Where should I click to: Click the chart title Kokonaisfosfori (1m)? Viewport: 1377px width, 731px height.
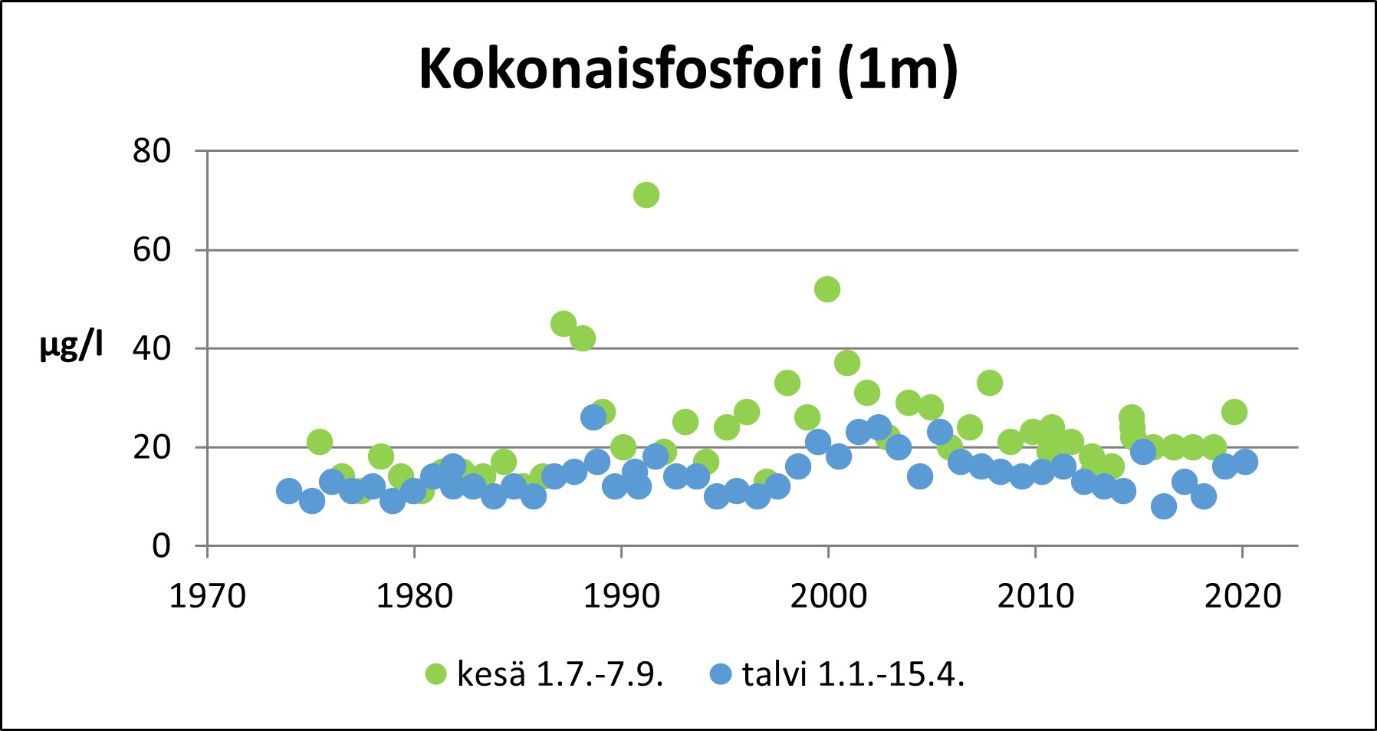coord(688,69)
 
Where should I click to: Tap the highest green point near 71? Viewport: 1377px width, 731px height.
coord(646,195)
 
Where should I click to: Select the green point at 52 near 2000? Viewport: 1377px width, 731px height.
coord(827,289)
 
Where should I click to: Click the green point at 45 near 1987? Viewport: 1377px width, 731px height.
coord(564,324)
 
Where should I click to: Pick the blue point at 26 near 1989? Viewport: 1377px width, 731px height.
coord(593,417)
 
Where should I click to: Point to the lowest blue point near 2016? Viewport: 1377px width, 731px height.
coord(1164,506)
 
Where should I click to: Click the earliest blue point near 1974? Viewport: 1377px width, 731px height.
coord(289,491)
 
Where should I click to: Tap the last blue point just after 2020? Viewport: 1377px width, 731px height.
coord(1245,462)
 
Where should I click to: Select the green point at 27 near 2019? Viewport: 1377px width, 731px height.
coord(1234,412)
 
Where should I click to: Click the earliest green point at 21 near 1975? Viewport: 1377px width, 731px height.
coord(320,442)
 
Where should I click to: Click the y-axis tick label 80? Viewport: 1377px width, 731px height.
coord(152,151)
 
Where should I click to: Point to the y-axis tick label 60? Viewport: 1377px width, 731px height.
coord(152,250)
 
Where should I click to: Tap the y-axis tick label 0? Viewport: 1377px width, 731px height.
coord(161,545)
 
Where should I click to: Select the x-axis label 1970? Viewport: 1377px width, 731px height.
coord(207,596)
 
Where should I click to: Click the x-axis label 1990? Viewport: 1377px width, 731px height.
coord(621,596)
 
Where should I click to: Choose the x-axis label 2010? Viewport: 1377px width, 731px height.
coord(1035,596)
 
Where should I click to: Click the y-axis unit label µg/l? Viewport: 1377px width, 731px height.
coord(71,347)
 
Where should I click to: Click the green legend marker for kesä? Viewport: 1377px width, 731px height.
coord(435,674)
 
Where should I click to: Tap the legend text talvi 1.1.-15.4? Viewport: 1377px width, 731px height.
coord(853,674)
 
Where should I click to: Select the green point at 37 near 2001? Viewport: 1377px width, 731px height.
coord(846,363)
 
